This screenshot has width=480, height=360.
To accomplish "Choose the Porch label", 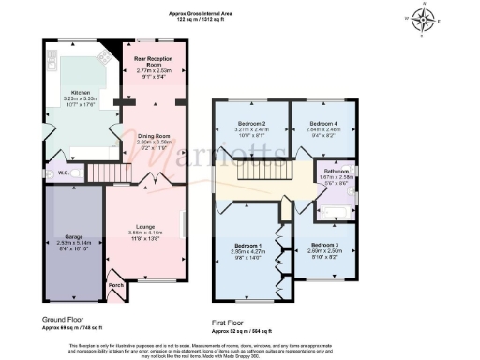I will pos(116,285).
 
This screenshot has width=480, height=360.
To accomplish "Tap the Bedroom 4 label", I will pos(323,124).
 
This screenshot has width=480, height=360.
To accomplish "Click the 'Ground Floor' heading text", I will pos(65,306).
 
